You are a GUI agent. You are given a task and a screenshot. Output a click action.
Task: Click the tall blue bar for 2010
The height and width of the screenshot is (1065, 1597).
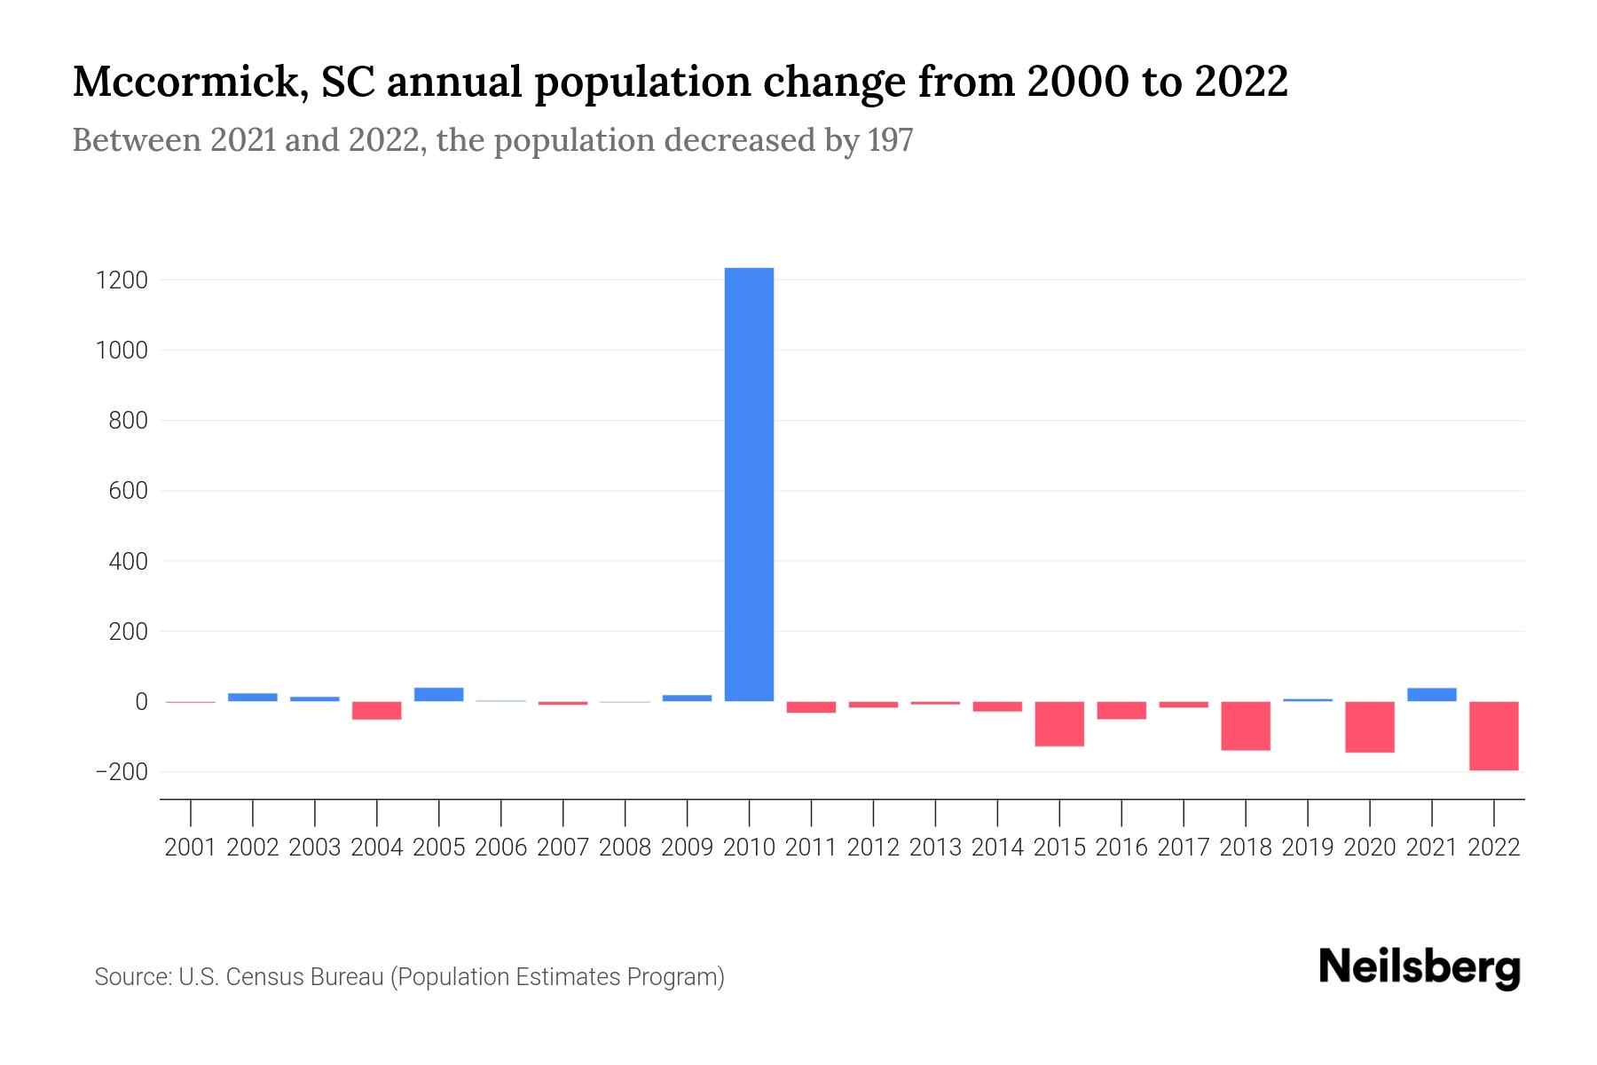pyautogui.click(x=749, y=485)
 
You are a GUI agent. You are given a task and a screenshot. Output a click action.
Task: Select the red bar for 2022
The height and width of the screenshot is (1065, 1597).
pyautogui.click(x=1493, y=736)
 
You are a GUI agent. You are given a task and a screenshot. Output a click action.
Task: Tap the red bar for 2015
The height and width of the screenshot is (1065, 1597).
pyautogui.click(x=1059, y=724)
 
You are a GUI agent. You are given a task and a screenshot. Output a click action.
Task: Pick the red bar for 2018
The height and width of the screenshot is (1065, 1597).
pyautogui.click(x=1246, y=726)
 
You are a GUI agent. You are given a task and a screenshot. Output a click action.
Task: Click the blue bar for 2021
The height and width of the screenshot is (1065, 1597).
pyautogui.click(x=1431, y=695)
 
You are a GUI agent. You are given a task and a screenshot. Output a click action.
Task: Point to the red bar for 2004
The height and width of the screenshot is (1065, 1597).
pyautogui.click(x=377, y=711)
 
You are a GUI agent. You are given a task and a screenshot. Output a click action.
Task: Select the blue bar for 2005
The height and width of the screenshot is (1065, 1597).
pyautogui.click(x=439, y=695)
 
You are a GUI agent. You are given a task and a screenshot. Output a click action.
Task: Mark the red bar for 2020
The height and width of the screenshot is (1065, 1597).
pyautogui.click(x=1369, y=727)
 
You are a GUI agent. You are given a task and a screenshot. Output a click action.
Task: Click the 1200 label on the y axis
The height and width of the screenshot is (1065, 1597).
pyautogui.click(x=121, y=280)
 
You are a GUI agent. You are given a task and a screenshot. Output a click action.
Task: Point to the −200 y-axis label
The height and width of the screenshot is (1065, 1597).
pyautogui.click(x=121, y=772)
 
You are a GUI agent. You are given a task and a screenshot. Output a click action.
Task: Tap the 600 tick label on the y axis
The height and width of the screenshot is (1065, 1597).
pyautogui.click(x=128, y=491)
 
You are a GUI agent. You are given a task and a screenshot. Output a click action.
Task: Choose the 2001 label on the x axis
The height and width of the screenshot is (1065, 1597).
pyautogui.click(x=191, y=848)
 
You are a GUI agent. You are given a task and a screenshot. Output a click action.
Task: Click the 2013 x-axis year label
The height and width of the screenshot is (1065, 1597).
pyautogui.click(x=935, y=848)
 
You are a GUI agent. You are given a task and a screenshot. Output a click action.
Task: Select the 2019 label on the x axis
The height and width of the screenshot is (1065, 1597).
pyautogui.click(x=1307, y=848)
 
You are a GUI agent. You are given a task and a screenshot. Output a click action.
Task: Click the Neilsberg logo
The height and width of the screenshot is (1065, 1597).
pyautogui.click(x=1420, y=967)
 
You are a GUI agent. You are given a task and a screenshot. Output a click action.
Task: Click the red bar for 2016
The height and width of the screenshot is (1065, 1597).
pyautogui.click(x=1121, y=710)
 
